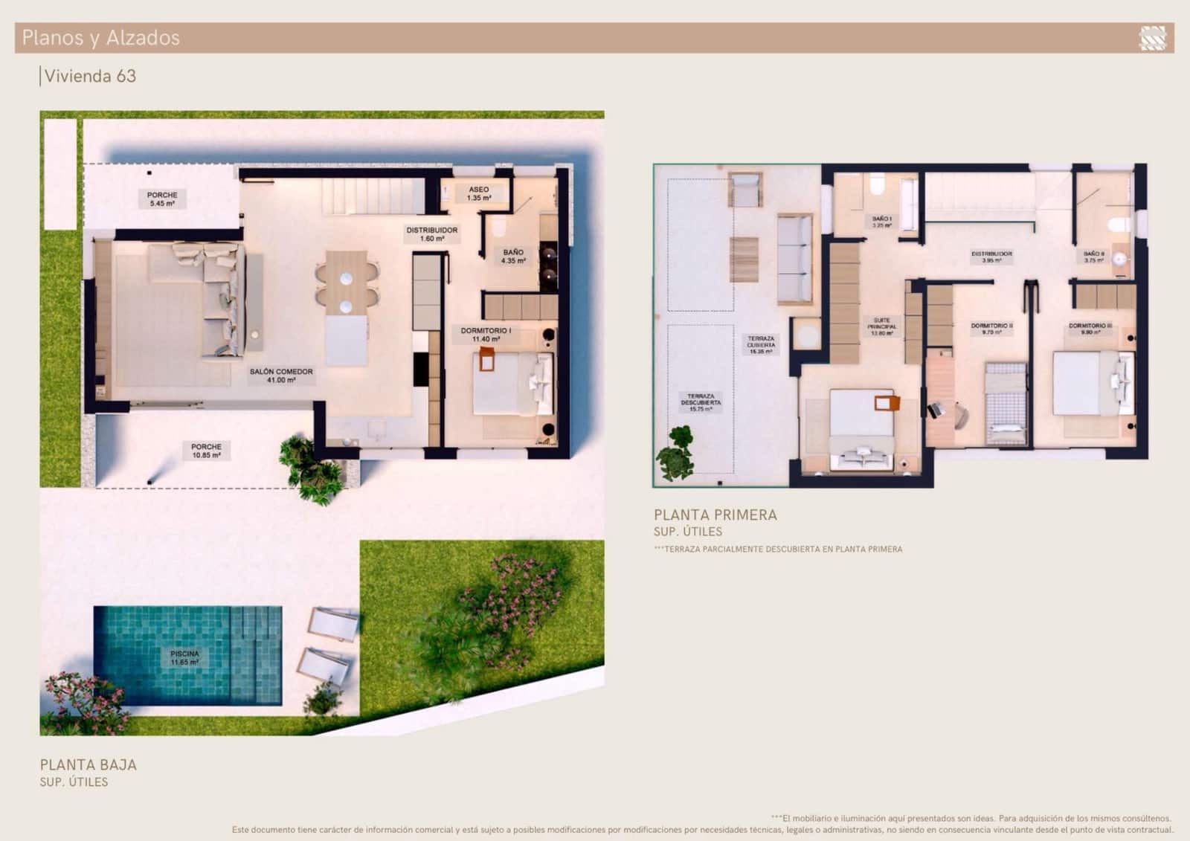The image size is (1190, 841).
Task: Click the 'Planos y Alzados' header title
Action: [100, 38]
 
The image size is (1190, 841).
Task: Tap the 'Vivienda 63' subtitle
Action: [90, 76]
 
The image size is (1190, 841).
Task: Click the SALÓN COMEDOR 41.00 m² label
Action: [281, 376]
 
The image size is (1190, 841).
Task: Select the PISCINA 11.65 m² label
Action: [184, 658]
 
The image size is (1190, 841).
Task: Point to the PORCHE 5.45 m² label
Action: [162, 199]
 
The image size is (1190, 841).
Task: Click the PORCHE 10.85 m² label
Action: [206, 451]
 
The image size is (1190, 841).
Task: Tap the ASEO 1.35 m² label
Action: [479, 193]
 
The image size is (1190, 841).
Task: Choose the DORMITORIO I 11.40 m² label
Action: [486, 335]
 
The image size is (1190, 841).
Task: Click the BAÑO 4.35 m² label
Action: [513, 257]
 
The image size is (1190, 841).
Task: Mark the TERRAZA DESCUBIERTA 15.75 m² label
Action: [701, 402]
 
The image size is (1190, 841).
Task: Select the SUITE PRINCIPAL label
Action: [881, 326]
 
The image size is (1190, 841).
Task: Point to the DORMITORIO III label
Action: [1090, 329]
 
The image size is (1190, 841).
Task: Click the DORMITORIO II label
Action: [991, 329]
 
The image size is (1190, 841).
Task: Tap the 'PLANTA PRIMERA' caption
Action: [715, 515]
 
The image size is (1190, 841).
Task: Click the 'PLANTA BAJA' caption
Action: [89, 764]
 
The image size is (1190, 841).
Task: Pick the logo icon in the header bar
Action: [1152, 38]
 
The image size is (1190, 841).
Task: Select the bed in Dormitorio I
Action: [513, 383]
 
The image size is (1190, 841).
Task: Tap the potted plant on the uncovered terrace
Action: [677, 452]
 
